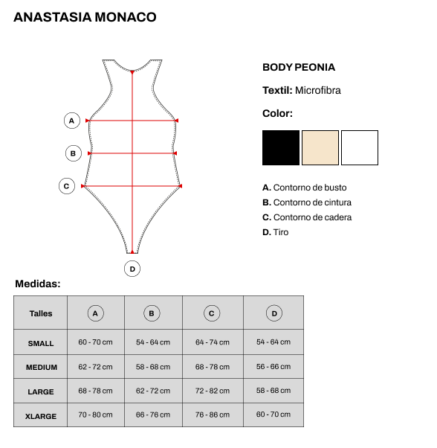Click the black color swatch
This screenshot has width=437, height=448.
[x=281, y=147]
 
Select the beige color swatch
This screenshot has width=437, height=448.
[x=320, y=147]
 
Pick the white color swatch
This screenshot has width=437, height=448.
[x=360, y=147]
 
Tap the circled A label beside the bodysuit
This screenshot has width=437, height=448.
[x=71, y=121]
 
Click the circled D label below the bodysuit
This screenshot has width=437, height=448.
[x=132, y=269]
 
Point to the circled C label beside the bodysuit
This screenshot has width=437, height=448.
[x=67, y=186]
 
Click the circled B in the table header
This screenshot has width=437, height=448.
[x=152, y=313]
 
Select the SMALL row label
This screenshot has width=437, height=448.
[x=41, y=343]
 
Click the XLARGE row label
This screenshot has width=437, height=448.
[x=41, y=416]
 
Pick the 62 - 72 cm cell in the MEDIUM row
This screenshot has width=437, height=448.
[x=95, y=367]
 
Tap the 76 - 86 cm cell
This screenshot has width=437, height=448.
[x=213, y=415]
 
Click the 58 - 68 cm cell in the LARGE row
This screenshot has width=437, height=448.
[x=273, y=390]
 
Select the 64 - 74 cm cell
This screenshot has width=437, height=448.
[x=213, y=342]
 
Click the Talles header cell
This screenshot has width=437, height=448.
[x=41, y=313]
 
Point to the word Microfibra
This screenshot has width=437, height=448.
[x=318, y=90]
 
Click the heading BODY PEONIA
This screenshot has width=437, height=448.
[x=299, y=67]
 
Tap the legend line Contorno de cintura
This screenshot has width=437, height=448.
[x=307, y=202]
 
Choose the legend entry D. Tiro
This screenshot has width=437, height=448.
[x=275, y=232]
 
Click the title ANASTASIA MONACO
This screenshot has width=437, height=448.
[x=85, y=17]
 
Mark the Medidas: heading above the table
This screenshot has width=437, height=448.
[x=38, y=284]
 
